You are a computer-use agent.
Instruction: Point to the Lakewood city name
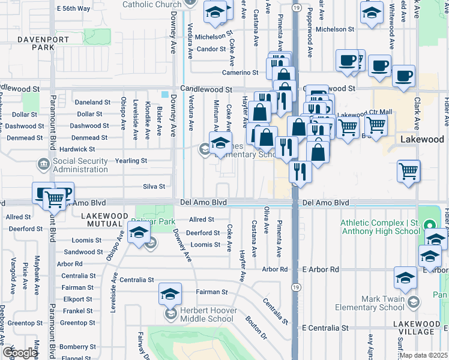click(422, 139)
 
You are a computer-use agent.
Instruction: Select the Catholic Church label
click(151, 5)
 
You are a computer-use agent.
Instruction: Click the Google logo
click(19, 352)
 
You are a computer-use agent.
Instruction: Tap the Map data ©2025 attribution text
click(423, 355)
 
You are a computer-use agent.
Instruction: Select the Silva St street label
click(154, 187)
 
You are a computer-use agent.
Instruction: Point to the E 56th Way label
click(73, 8)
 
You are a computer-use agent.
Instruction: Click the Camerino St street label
click(238, 73)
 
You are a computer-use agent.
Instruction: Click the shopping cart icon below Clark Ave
click(408, 171)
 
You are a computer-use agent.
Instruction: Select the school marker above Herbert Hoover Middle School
click(170, 294)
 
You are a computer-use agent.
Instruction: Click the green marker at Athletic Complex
click(429, 226)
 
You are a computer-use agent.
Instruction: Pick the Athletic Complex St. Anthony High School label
click(380, 227)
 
